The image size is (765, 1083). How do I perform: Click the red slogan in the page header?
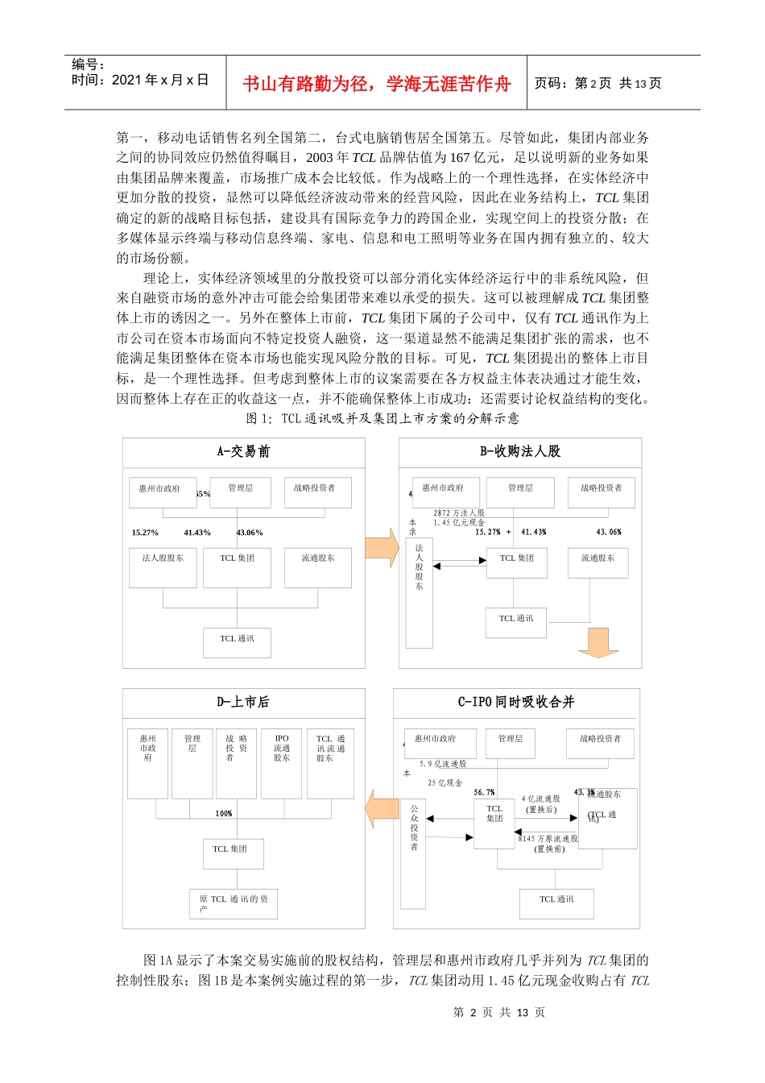pos(377,84)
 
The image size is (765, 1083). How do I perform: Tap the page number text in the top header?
pos(598,84)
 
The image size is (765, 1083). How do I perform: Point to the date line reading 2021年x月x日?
pos(140,80)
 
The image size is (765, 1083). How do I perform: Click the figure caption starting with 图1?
pos(382,418)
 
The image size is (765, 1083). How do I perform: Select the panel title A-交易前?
pos(243,451)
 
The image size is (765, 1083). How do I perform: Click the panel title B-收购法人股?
pos(520,451)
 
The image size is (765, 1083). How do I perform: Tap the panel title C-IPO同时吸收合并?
pos(516,702)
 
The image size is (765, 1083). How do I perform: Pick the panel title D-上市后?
pos(243,702)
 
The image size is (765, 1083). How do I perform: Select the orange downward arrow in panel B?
pos(598,642)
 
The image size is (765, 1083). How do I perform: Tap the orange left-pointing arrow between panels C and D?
pos(381,808)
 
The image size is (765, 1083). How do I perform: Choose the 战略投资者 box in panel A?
pos(317,492)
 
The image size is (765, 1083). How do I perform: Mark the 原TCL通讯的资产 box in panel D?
pos(234,903)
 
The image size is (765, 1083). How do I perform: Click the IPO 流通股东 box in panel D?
pos(282,762)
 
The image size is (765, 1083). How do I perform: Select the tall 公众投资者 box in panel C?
pos(413,853)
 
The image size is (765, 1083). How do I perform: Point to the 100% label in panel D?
pos(224,814)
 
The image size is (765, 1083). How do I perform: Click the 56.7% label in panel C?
pos(485,793)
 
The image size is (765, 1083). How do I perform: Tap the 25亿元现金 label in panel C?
pos(445,783)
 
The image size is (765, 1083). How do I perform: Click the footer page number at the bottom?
pos(498,1013)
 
